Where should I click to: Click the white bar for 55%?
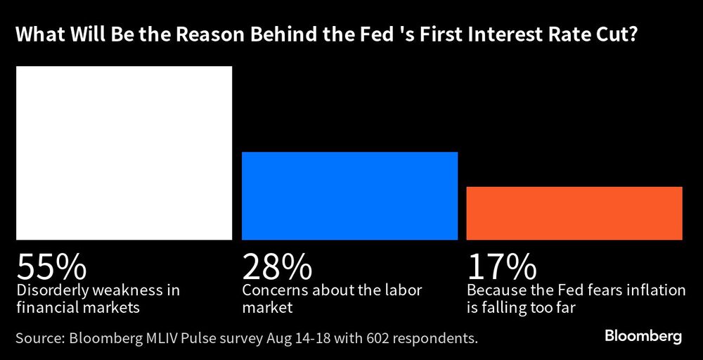pyautogui.click(x=124, y=153)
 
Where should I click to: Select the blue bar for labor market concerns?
pyautogui.click(x=349, y=195)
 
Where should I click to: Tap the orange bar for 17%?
pyautogui.click(x=574, y=213)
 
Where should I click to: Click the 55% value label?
pyautogui.click(x=51, y=267)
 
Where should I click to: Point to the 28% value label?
pyautogui.click(x=277, y=267)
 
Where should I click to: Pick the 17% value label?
pyautogui.click(x=501, y=267)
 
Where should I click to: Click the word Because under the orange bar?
pyautogui.click(x=493, y=290)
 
